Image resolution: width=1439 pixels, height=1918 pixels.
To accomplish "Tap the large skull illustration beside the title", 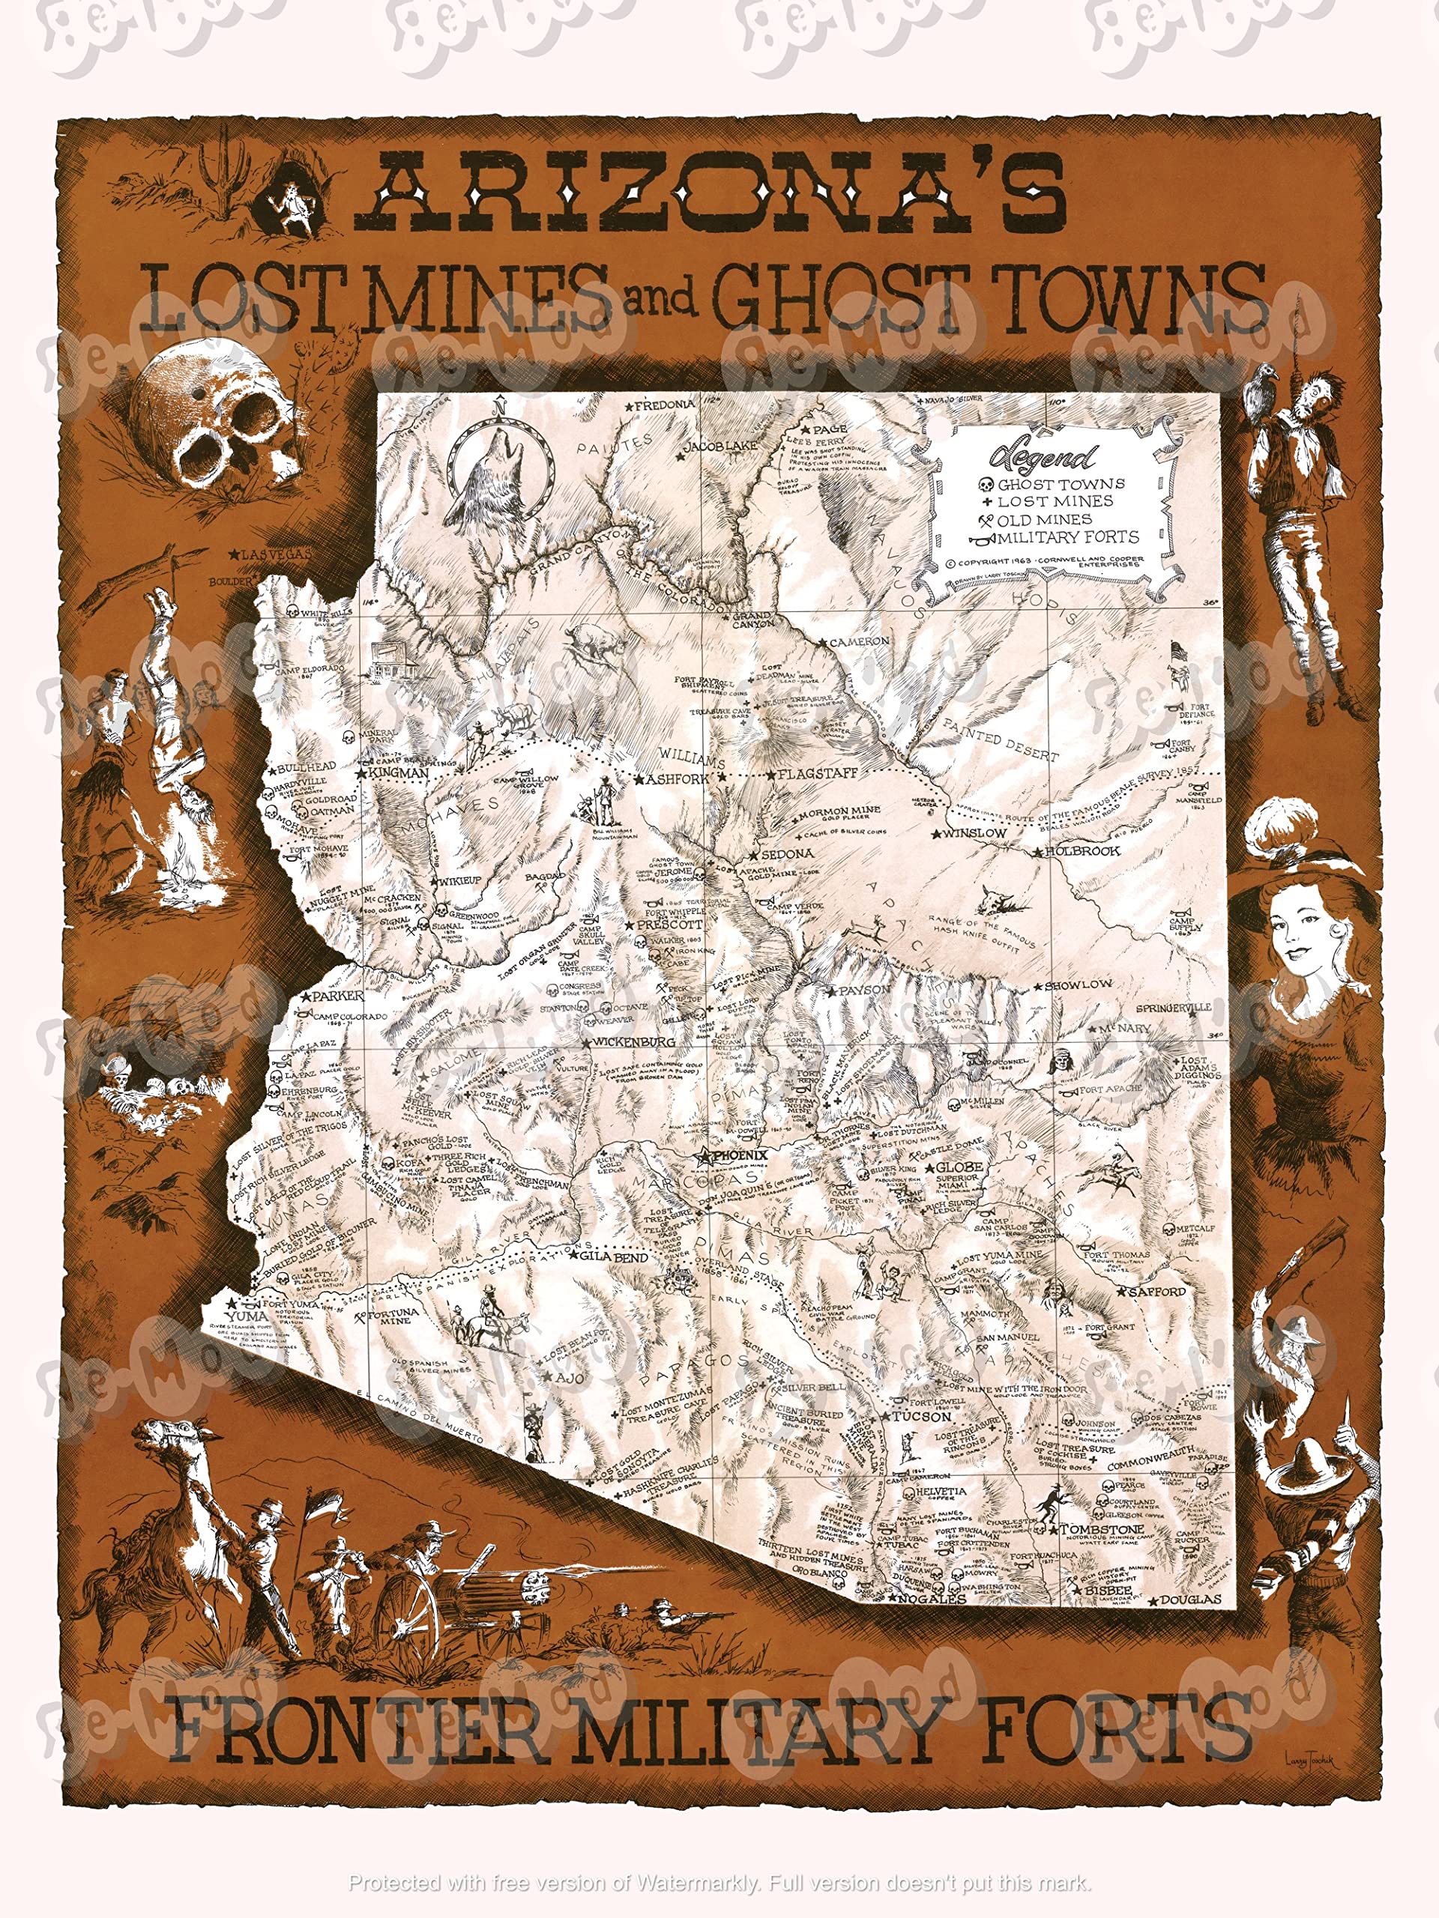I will pos(217,420).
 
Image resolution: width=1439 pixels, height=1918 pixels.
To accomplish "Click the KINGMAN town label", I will pos(397,772).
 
